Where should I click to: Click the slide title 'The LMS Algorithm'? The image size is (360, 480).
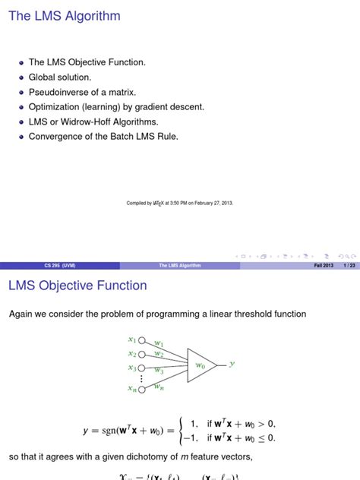point(64,16)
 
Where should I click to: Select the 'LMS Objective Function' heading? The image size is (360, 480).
point(77,286)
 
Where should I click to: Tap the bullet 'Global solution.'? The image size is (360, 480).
point(60,77)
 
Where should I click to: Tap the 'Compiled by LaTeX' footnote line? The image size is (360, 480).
point(179,203)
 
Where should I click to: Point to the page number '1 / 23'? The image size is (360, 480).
point(349,266)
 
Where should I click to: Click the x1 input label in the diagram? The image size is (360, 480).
point(132,339)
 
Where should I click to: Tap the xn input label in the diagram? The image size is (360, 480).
point(132,389)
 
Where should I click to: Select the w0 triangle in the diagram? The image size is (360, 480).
point(201,365)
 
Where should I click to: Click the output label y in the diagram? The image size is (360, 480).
point(232,364)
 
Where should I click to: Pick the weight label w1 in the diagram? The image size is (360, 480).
point(159,343)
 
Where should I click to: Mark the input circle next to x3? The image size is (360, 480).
point(141,368)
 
